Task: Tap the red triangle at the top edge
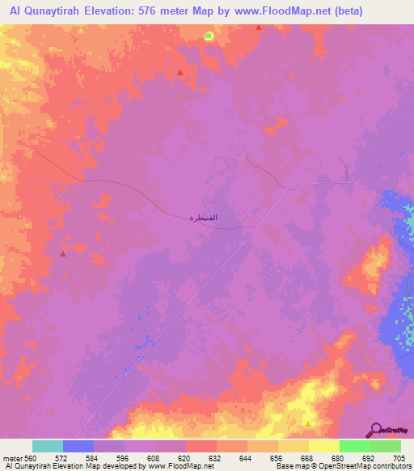pos(258,28)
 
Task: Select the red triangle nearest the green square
pos(180,72)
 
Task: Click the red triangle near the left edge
pos(62,253)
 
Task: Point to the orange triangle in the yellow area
pos(308,422)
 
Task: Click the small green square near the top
pos(208,36)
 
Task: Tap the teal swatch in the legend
pos(47,446)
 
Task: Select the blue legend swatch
pos(78,446)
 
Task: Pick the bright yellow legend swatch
pos(323,446)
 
